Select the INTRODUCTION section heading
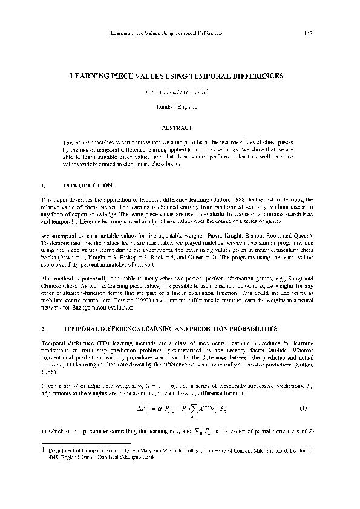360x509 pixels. coord(87,184)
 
